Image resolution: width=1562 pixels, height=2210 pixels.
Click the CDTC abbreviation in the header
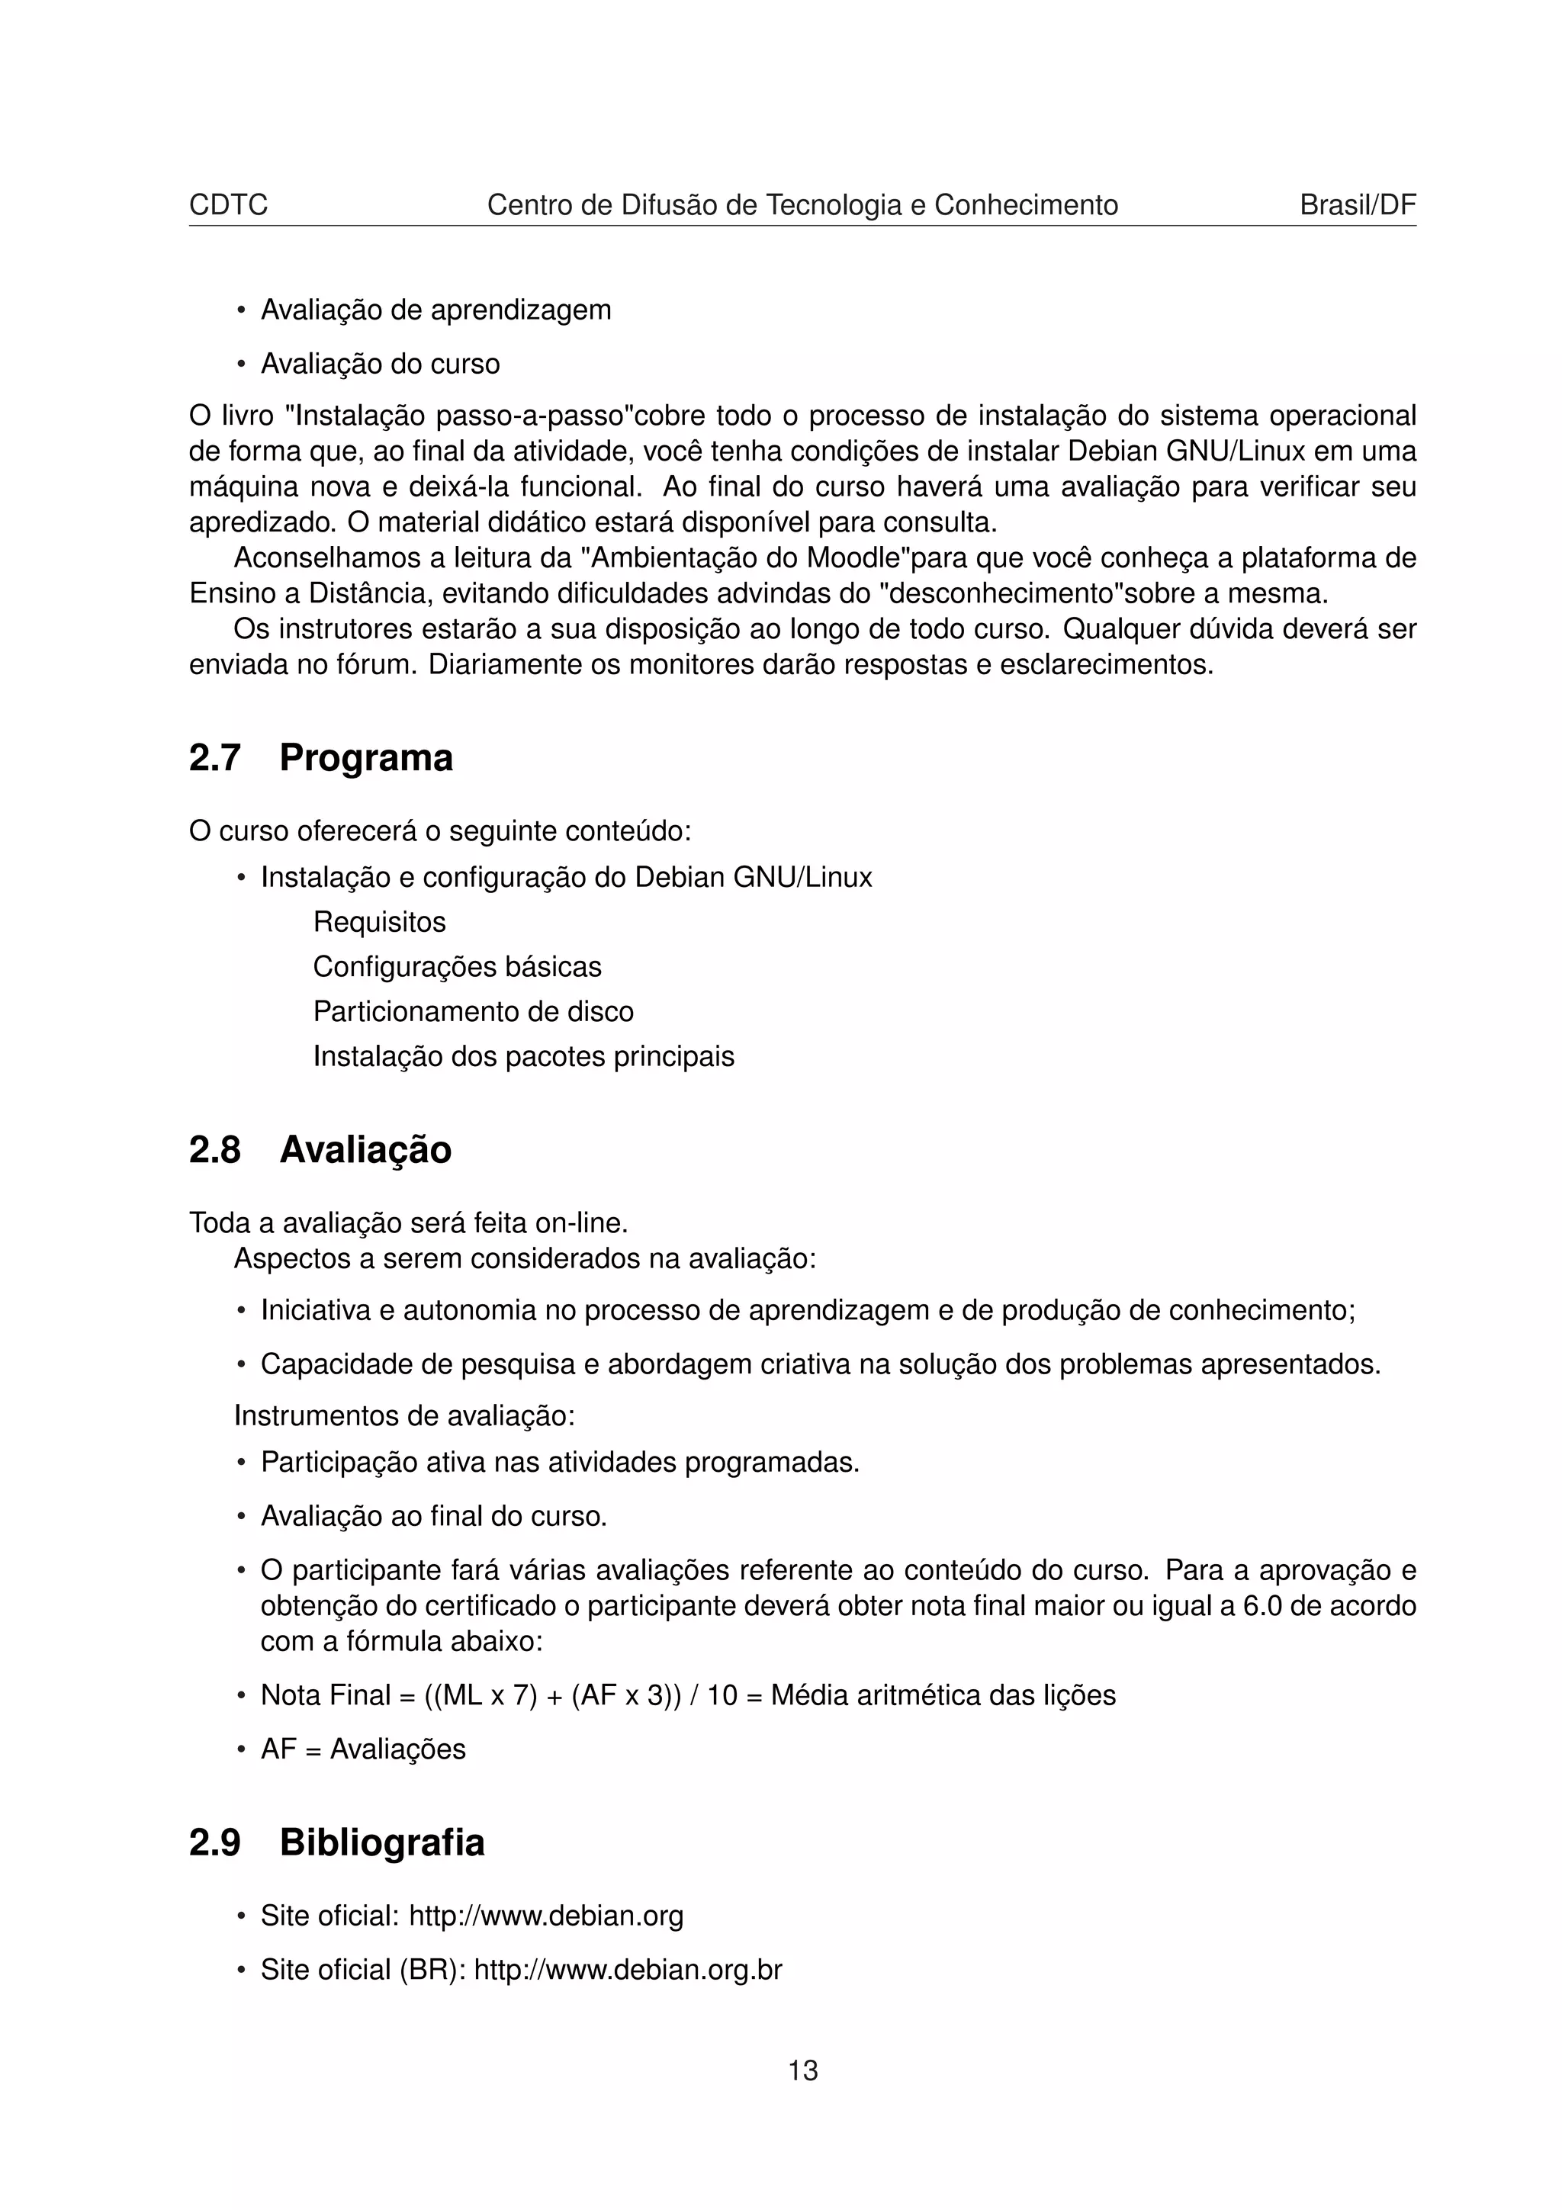228,205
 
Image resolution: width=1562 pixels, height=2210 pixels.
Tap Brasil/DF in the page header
1357,205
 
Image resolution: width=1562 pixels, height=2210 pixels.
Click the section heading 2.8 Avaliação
320,1149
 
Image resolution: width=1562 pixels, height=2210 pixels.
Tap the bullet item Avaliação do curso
380,364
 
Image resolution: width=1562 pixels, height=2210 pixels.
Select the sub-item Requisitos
379,922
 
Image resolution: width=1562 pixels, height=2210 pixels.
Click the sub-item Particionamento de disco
474,1012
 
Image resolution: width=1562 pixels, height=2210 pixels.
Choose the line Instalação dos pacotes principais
523,1057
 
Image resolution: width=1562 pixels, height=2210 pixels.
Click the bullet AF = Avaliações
363,1749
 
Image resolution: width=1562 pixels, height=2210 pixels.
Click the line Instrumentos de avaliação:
404,1416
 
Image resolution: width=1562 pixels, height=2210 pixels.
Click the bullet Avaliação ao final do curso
433,1517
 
